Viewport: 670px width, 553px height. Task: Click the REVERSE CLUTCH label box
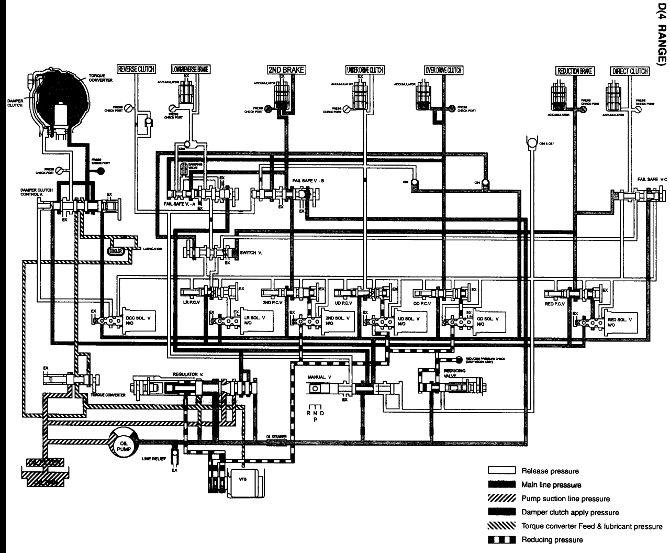(x=136, y=69)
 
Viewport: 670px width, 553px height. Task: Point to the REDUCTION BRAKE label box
(x=575, y=71)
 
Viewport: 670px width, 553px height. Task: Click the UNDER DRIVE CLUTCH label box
(x=365, y=70)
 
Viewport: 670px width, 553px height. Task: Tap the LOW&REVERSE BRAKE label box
(x=191, y=69)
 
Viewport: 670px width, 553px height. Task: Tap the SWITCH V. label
(x=248, y=253)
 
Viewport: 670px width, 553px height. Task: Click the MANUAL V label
(x=320, y=377)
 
